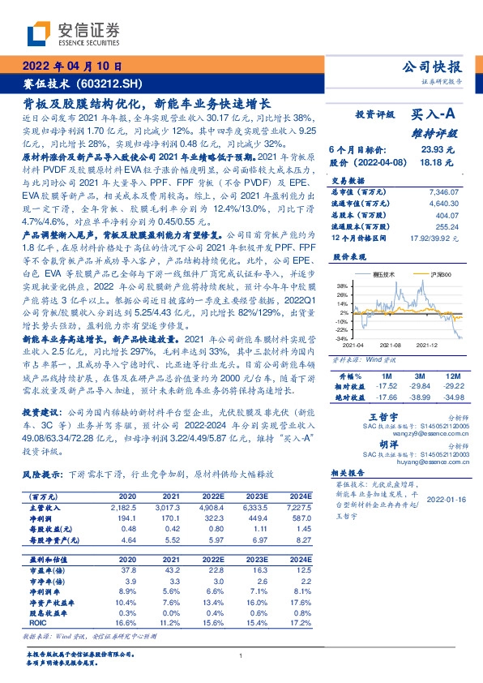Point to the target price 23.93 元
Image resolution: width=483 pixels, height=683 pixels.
click(437, 149)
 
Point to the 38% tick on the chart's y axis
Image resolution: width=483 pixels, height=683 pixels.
click(342, 286)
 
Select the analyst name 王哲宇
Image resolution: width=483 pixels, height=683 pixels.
click(372, 415)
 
